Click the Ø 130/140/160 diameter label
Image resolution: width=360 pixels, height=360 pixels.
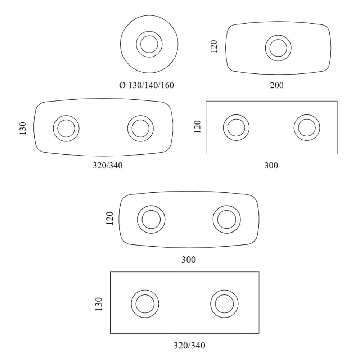click(x=147, y=85)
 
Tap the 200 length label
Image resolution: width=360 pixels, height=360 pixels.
click(x=276, y=85)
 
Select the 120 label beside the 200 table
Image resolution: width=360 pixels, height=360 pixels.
click(x=214, y=46)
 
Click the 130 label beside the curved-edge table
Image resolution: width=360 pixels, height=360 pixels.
click(x=23, y=129)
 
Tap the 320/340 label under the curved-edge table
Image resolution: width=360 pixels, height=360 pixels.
click(x=107, y=165)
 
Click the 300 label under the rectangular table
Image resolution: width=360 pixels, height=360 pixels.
click(x=271, y=165)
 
